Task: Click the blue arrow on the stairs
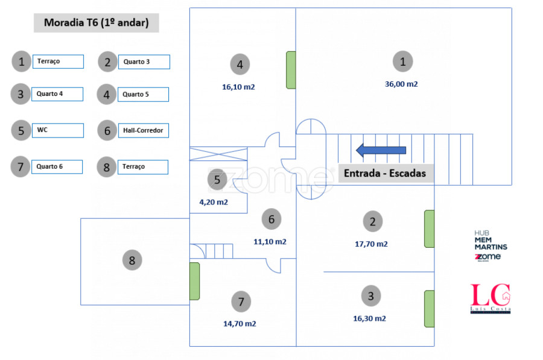tap(381, 150)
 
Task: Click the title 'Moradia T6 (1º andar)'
tap(97, 24)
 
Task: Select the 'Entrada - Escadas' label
tap(385, 174)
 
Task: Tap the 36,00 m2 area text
tap(401, 84)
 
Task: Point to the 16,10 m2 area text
tap(238, 87)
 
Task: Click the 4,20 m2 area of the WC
tap(214, 203)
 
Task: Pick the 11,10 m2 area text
tap(270, 242)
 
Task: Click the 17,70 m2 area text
tap(371, 244)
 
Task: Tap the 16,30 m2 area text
tap(369, 318)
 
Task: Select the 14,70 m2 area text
tap(240, 324)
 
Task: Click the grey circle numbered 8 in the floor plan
tap(132, 261)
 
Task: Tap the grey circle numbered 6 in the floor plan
tap(271, 219)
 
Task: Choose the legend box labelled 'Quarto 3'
tap(144, 62)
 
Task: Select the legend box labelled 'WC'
tap(57, 130)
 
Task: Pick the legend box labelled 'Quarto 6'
tap(57, 166)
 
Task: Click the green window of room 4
tap(291, 70)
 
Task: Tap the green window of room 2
tap(429, 229)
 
